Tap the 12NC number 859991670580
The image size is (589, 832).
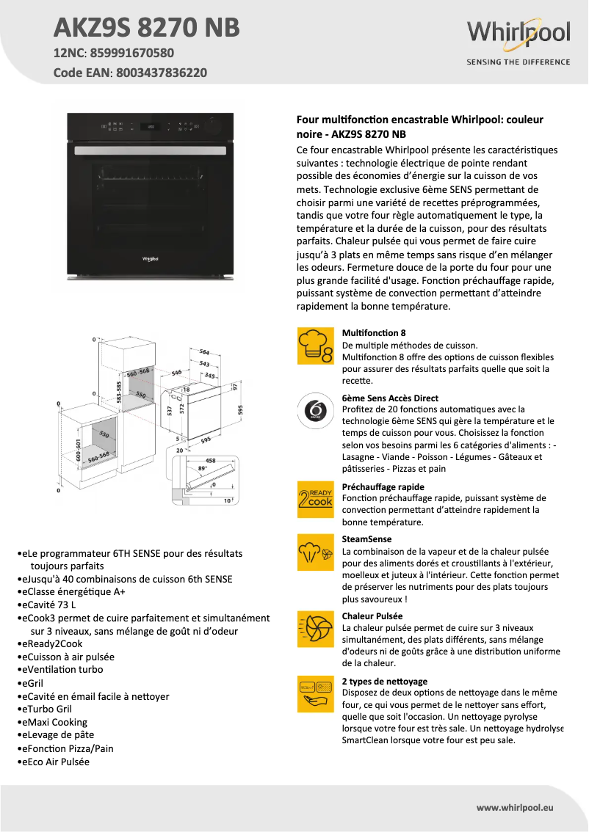pos(133,53)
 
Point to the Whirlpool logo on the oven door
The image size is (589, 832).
pos(150,258)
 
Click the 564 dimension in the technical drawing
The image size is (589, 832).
pos(204,352)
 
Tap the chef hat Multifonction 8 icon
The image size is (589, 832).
pos(314,346)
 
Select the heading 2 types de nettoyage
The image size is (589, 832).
pos(385,681)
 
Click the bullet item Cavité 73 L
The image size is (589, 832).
pos(51,605)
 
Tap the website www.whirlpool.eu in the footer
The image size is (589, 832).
pos(514,807)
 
